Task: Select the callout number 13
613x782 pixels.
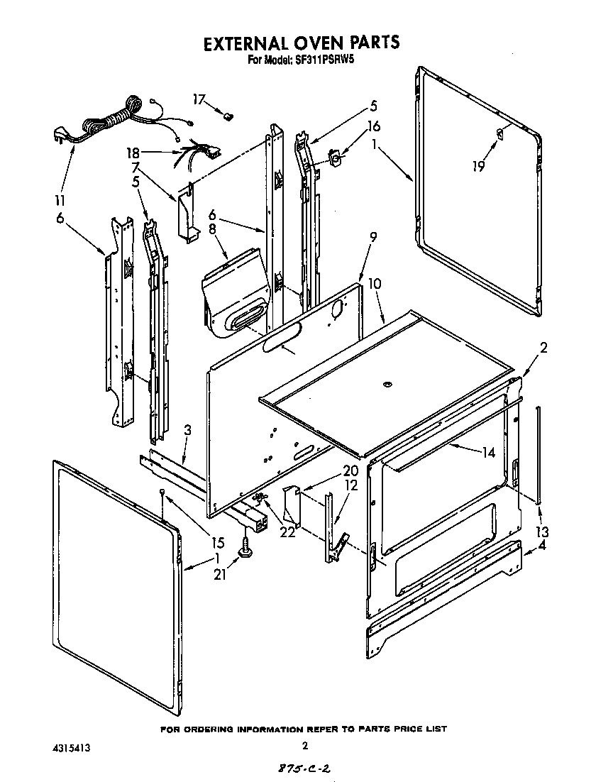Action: pyautogui.click(x=542, y=532)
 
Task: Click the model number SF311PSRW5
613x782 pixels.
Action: pyautogui.click(x=320, y=61)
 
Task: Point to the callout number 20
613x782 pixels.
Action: pyautogui.click(x=350, y=471)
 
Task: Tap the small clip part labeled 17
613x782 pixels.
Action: pyautogui.click(x=229, y=113)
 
